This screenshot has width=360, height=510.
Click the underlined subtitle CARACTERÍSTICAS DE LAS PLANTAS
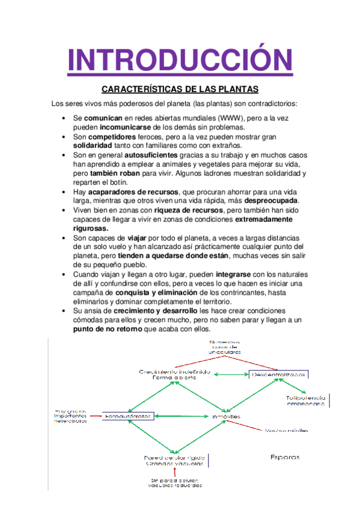coord(180,90)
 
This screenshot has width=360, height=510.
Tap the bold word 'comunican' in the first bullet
coord(103,117)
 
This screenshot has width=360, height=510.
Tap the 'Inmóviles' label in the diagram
coord(226,416)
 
